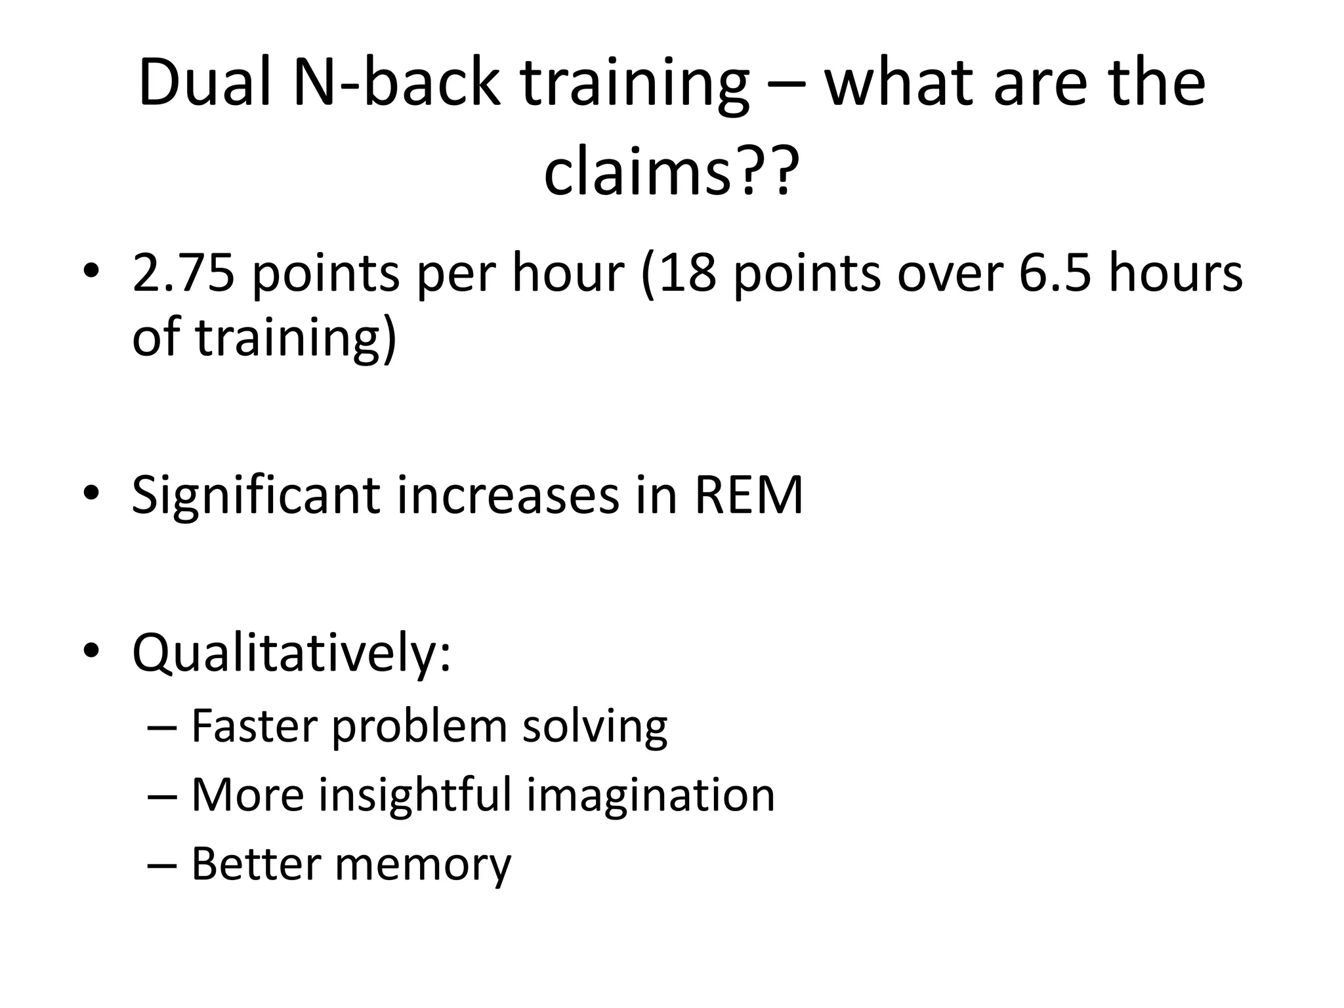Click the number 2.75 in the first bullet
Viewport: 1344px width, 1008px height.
(x=183, y=272)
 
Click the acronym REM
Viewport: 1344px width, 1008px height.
(x=749, y=495)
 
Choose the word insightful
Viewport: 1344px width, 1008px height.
(x=415, y=795)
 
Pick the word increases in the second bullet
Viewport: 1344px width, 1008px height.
(x=508, y=495)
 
